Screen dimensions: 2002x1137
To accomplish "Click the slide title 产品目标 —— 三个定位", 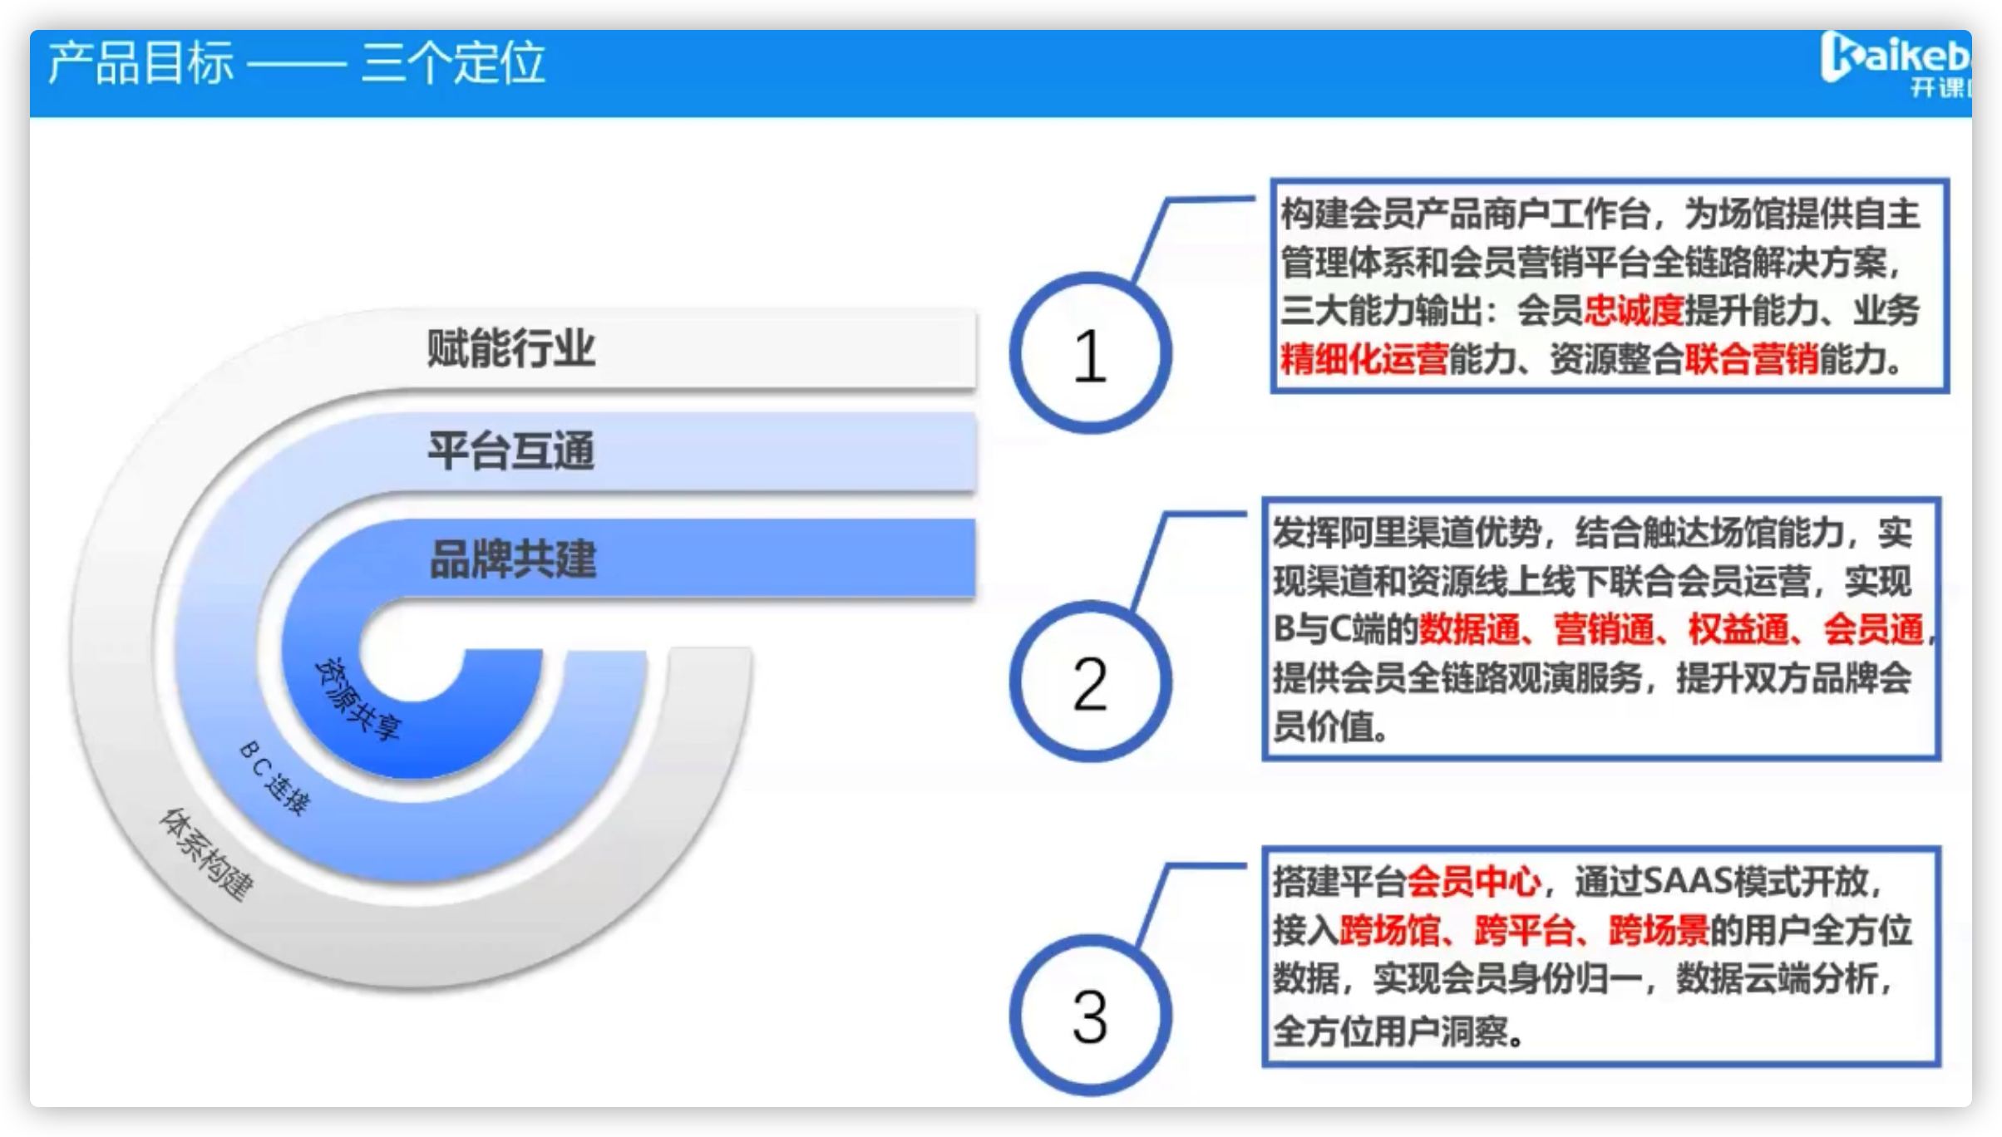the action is (x=296, y=63).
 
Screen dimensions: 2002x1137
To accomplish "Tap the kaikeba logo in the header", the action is (x=1896, y=65).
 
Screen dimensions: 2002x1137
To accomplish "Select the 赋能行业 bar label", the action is (x=510, y=348).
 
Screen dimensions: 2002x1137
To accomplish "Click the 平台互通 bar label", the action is (x=510, y=451).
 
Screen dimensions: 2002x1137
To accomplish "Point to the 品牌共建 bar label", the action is (x=513, y=559).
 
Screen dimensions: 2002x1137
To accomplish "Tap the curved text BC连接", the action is (x=275, y=777).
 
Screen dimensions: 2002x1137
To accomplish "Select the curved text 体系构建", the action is (x=206, y=854).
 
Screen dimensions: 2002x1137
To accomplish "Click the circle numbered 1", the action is (x=1090, y=353).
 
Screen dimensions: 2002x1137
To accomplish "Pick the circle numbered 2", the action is (x=1090, y=682).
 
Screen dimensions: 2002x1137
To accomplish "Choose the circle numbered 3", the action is (x=1090, y=1015).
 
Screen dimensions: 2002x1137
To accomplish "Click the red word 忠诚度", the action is (x=1634, y=311).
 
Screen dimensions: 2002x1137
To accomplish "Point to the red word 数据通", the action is (x=1469, y=629).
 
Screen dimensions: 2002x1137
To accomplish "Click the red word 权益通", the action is (x=1738, y=629).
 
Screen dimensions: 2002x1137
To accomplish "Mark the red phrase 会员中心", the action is (x=1473, y=882).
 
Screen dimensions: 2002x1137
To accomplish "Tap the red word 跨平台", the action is (x=1524, y=930).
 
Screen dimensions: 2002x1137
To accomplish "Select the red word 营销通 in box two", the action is (x=1604, y=629).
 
